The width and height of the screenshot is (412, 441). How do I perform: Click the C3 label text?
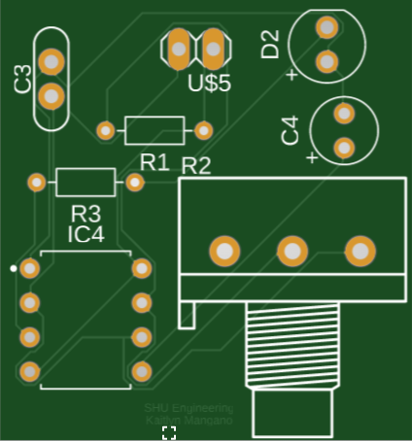[23, 83]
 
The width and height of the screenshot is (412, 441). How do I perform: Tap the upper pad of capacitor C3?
[51, 62]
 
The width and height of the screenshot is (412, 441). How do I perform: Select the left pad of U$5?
[179, 46]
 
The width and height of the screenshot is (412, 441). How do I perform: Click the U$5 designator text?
[209, 84]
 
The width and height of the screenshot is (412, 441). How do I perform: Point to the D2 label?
[270, 44]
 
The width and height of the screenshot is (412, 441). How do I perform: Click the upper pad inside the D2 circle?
[327, 26]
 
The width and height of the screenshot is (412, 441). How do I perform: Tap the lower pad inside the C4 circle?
[343, 148]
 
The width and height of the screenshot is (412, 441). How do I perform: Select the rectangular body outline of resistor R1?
[154, 129]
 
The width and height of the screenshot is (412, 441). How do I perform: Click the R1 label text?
[154, 159]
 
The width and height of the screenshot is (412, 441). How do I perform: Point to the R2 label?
[196, 165]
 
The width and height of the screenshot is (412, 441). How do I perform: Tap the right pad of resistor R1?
[204, 129]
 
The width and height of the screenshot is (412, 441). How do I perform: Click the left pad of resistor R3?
[36, 182]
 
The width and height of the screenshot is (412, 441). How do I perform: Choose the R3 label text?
[86, 213]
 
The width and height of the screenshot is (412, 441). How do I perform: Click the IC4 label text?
[86, 235]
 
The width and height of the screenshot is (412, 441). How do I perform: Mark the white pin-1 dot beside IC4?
[13, 266]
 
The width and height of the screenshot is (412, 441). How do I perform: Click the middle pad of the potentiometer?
[291, 251]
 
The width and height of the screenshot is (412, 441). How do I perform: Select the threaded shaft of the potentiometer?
[292, 346]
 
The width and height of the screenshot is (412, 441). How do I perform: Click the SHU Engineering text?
[189, 409]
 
